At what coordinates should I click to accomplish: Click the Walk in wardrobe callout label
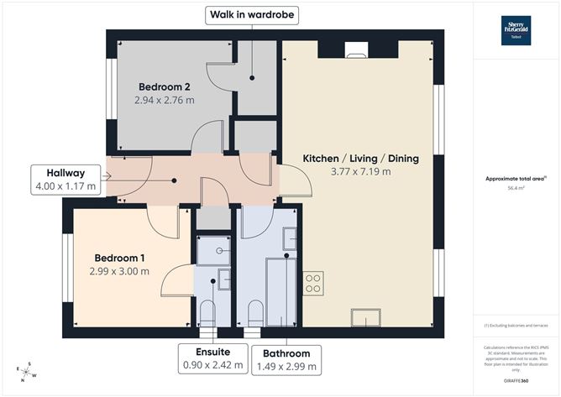(252, 14)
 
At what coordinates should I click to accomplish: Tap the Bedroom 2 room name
(164, 86)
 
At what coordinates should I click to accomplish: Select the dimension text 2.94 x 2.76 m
(164, 100)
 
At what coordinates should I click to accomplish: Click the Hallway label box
(65, 179)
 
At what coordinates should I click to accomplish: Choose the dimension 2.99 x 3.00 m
(119, 270)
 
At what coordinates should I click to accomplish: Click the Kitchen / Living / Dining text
(360, 158)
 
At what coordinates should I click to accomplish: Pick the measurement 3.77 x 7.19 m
(360, 172)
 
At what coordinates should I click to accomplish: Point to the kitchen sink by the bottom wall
(366, 316)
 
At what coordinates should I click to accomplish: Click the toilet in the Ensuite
(208, 315)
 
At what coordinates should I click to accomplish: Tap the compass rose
(28, 369)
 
